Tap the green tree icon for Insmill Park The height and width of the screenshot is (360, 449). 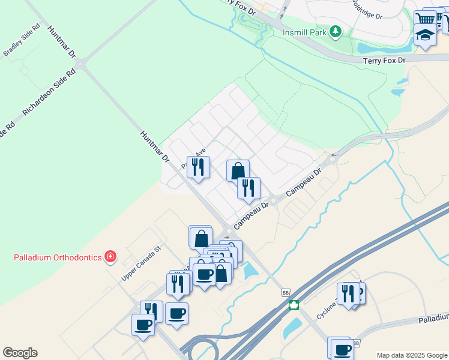tap(337, 31)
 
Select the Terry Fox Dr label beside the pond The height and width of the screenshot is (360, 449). tap(384, 61)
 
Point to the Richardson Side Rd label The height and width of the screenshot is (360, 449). tap(49, 91)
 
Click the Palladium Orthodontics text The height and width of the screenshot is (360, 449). tap(58, 257)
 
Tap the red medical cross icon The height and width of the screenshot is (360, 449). tap(110, 257)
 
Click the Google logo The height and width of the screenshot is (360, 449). tap(20, 353)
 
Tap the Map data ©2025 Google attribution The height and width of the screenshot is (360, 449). tap(412, 355)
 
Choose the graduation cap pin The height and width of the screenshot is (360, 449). tap(425, 35)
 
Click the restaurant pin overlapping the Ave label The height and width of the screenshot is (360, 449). tap(198, 167)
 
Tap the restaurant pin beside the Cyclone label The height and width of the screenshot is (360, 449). tap(348, 294)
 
